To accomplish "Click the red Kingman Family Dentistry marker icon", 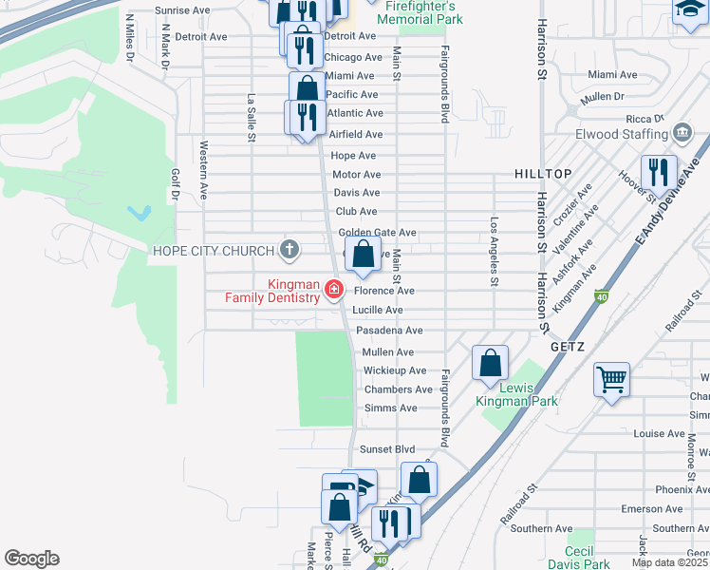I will [x=333, y=289].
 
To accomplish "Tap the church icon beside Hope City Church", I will [x=290, y=250].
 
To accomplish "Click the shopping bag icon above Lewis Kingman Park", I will [x=489, y=362].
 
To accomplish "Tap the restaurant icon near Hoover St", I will [x=657, y=172].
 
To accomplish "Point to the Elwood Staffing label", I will [x=623, y=134].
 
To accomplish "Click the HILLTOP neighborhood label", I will [x=544, y=174].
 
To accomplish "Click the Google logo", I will [x=31, y=559].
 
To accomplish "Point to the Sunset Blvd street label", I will [x=387, y=448].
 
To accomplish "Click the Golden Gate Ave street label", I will [x=378, y=232].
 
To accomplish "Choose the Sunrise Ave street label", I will [x=182, y=10].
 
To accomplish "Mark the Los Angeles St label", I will [x=494, y=252].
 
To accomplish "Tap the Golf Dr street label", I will [x=175, y=185].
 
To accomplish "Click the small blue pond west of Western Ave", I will [x=140, y=213].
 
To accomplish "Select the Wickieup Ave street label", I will [x=395, y=370].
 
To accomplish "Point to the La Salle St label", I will [x=252, y=117].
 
